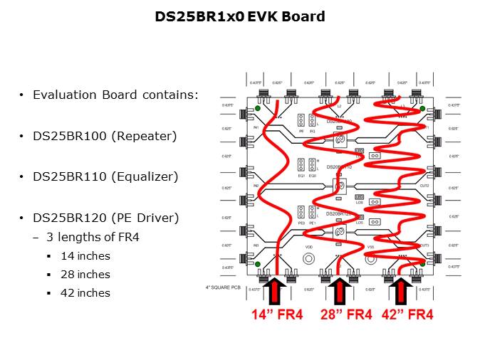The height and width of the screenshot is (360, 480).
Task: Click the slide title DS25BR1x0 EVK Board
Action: pyautogui.click(x=240, y=16)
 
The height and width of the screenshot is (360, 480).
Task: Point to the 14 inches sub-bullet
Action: pyautogui.click(x=85, y=256)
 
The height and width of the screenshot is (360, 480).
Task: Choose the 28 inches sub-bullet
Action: pyautogui.click(x=85, y=275)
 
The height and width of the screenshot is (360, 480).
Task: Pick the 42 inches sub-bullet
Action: pyautogui.click(x=85, y=293)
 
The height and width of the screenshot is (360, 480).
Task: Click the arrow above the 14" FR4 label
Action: pyautogui.click(x=277, y=290)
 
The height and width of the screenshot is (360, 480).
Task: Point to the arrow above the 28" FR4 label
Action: pyautogui.click(x=339, y=290)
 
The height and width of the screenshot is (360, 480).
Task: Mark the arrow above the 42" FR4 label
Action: pyautogui.click(x=401, y=290)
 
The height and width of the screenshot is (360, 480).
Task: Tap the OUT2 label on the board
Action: pyautogui.click(x=424, y=184)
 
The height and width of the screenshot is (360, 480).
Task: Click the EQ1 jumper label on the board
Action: pyautogui.click(x=301, y=176)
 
